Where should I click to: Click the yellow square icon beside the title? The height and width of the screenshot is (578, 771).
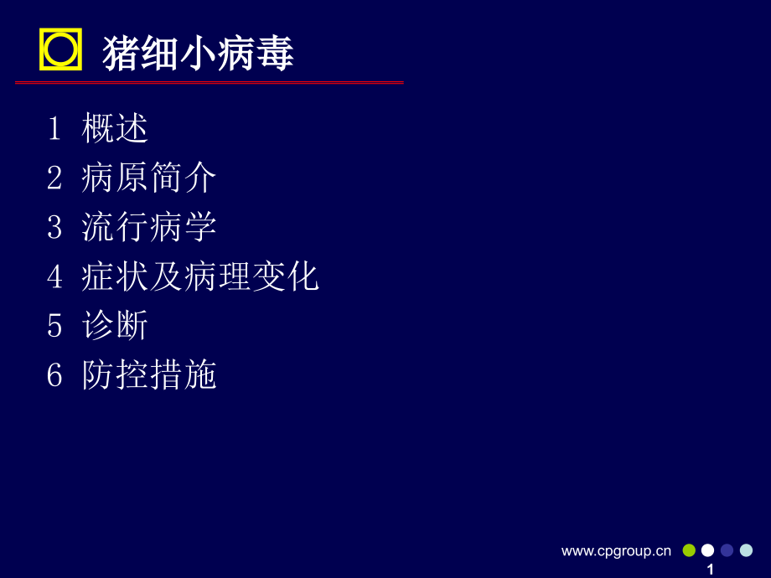point(60,49)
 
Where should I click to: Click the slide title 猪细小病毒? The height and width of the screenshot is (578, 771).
point(198,54)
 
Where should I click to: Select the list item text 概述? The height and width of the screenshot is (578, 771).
point(116,129)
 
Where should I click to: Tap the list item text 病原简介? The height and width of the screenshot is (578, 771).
point(149,178)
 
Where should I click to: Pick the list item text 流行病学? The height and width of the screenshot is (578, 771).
point(149,227)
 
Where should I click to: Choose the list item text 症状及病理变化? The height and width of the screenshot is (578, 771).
point(200,276)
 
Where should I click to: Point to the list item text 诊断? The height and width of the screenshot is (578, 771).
point(116,326)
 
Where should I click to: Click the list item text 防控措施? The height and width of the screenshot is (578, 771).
point(149,375)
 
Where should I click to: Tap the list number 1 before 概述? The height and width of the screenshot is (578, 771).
point(54,129)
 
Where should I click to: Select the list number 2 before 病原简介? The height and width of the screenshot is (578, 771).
point(54,178)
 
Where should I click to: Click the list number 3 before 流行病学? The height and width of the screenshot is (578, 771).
point(54,227)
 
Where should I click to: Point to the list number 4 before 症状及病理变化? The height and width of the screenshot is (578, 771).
point(54,276)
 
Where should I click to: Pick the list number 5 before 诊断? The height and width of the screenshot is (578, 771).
point(54,326)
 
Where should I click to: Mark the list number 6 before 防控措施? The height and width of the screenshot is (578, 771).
point(54,375)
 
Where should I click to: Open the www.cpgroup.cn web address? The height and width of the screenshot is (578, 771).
point(616,550)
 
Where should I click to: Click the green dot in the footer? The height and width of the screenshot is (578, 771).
point(689,550)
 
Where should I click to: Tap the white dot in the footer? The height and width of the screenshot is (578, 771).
point(708,550)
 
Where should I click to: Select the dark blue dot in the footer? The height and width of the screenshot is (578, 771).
point(727,550)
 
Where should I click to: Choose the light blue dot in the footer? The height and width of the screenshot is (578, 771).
point(746,550)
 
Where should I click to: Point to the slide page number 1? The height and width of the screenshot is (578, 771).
point(711,569)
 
